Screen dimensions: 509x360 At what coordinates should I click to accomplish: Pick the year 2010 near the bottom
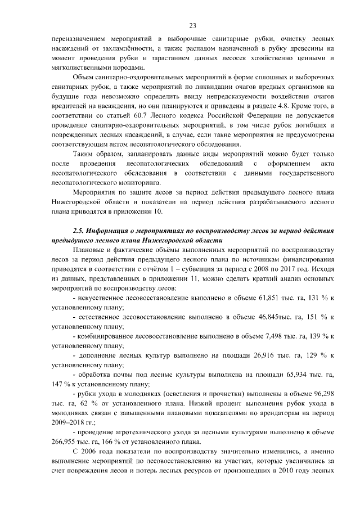tap(278, 471)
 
